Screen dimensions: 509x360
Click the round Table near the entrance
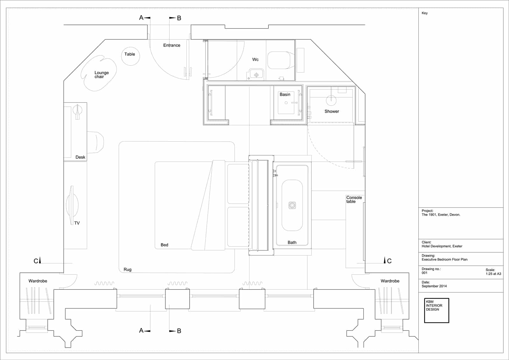tap(130, 56)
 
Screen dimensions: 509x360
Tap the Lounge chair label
tap(101, 74)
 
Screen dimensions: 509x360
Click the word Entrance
tap(171, 45)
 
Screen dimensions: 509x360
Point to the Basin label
tap(285, 95)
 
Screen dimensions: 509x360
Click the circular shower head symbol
tap(331, 100)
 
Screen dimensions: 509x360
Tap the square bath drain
tap(292, 205)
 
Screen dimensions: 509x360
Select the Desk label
tap(80, 157)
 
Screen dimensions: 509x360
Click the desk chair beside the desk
tap(95, 142)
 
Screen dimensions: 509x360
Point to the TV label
tap(77, 223)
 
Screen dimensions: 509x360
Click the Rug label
tap(128, 270)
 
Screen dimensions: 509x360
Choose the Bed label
tap(164, 245)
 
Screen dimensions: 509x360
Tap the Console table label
tap(354, 200)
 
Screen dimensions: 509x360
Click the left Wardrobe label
tap(38, 281)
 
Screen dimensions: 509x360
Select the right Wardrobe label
tap(390, 281)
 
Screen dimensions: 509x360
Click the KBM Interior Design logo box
tap(436, 310)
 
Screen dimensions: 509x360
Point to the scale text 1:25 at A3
tap(493, 274)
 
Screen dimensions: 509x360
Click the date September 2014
tap(434, 286)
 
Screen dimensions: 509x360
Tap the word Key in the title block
tap(424, 13)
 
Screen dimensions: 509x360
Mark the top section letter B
tap(179, 18)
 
